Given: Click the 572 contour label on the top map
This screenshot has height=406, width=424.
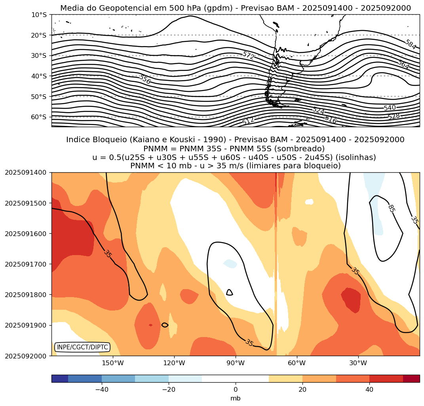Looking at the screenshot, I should (x=248, y=55).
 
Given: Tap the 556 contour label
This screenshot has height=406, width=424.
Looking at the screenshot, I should (x=145, y=80).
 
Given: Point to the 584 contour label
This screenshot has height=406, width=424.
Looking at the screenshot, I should (x=411, y=45).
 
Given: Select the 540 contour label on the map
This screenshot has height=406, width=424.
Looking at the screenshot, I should (x=390, y=108).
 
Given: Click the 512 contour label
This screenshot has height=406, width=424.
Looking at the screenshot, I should (x=248, y=121).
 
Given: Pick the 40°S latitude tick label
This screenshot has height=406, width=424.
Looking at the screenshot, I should (x=39, y=76).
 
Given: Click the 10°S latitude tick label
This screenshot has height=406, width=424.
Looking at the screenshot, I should (x=39, y=15).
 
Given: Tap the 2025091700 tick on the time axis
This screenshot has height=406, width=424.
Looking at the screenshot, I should (x=25, y=264).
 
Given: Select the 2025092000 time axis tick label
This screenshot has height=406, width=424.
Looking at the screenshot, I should (x=25, y=356).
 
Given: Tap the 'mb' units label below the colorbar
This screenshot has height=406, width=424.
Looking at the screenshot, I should (x=236, y=398).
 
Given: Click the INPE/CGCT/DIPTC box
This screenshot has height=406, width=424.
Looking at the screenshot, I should (x=82, y=347).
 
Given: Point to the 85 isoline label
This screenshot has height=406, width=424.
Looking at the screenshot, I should (x=391, y=208).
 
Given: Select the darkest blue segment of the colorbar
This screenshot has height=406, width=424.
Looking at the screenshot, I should (x=60, y=379).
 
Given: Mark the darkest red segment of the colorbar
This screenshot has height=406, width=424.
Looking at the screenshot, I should (x=411, y=379).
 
